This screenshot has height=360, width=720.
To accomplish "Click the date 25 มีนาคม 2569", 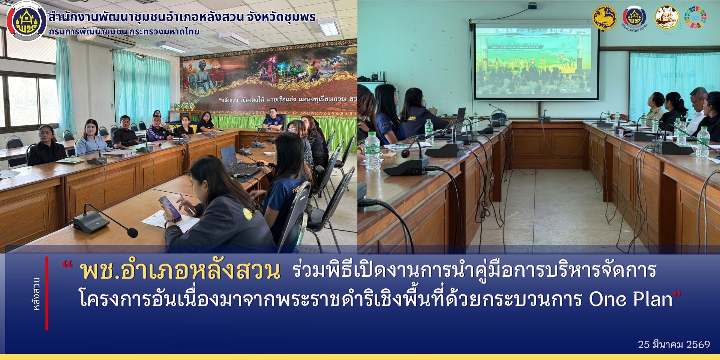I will [673, 344].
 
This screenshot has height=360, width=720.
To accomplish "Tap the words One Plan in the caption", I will [630, 299].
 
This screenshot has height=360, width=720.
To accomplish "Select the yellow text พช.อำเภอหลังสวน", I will [180, 271].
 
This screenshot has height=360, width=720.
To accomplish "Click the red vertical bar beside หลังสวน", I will [47, 293].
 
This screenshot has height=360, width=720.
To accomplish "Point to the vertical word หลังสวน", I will [37, 293].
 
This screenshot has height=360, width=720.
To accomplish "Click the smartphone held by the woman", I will [169, 208].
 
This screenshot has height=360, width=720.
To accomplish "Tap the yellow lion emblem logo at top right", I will [604, 17].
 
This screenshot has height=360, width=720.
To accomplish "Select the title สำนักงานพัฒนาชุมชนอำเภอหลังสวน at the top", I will [182, 17].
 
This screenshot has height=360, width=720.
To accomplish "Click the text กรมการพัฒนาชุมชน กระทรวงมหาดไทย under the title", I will [124, 31].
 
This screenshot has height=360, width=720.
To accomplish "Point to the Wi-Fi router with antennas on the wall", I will [378, 77].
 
